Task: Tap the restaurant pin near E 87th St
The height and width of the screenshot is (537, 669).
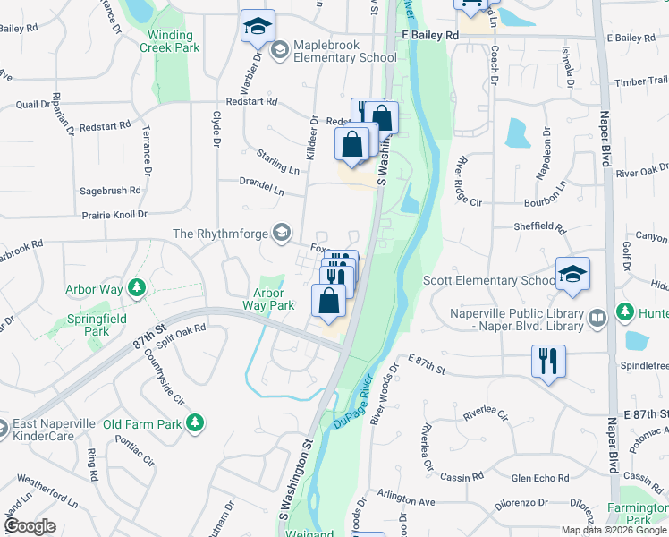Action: (547, 362)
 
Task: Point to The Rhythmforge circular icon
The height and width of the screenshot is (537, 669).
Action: (281, 234)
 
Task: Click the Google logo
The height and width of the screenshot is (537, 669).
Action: (31, 526)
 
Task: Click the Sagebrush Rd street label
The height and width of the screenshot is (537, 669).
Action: (110, 191)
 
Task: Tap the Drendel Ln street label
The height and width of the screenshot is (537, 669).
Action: (261, 186)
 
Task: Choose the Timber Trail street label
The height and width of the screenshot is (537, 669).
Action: (641, 81)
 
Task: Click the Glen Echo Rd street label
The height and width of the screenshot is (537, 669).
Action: (539, 478)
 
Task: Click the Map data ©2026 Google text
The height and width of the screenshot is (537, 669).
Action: (614, 530)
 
